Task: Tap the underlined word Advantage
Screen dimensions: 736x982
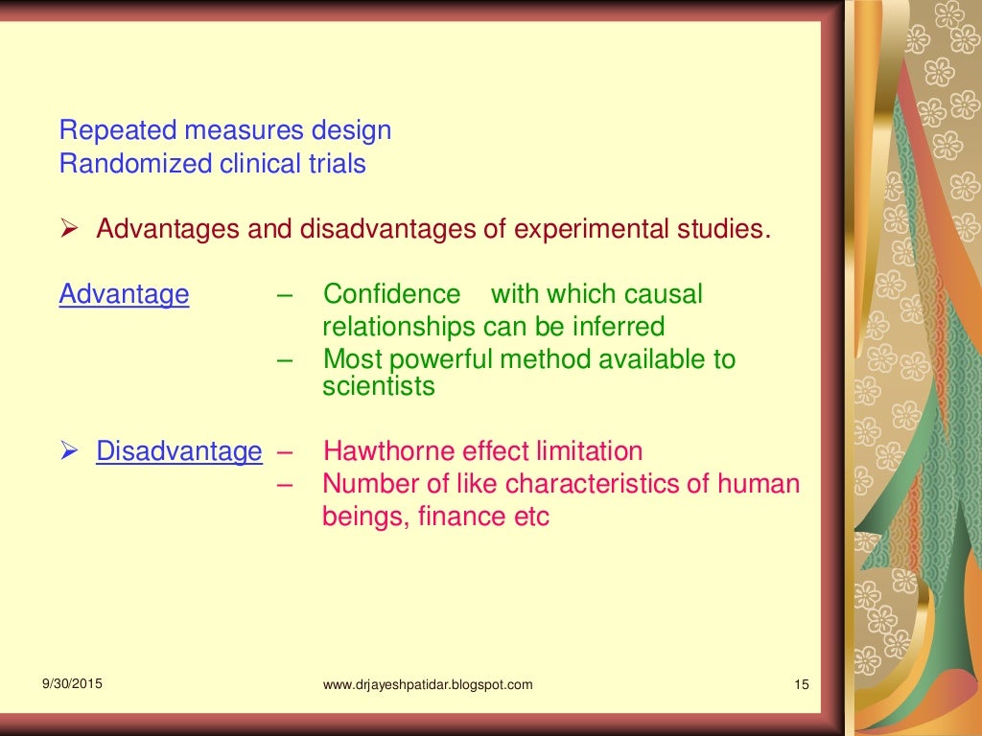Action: [x=124, y=294]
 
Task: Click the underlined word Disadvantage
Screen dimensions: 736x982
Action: [x=178, y=451]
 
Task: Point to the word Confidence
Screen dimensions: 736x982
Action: [x=392, y=294]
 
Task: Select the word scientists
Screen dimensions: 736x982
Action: [x=378, y=386]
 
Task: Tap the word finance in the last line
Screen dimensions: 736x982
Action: [x=462, y=517]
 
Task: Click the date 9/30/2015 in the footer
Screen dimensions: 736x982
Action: [x=73, y=683]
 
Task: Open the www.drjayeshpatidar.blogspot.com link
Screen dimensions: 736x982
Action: [x=428, y=684]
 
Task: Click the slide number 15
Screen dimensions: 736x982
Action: [x=802, y=684]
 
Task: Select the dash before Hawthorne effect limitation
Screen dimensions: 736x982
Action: [x=284, y=451]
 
